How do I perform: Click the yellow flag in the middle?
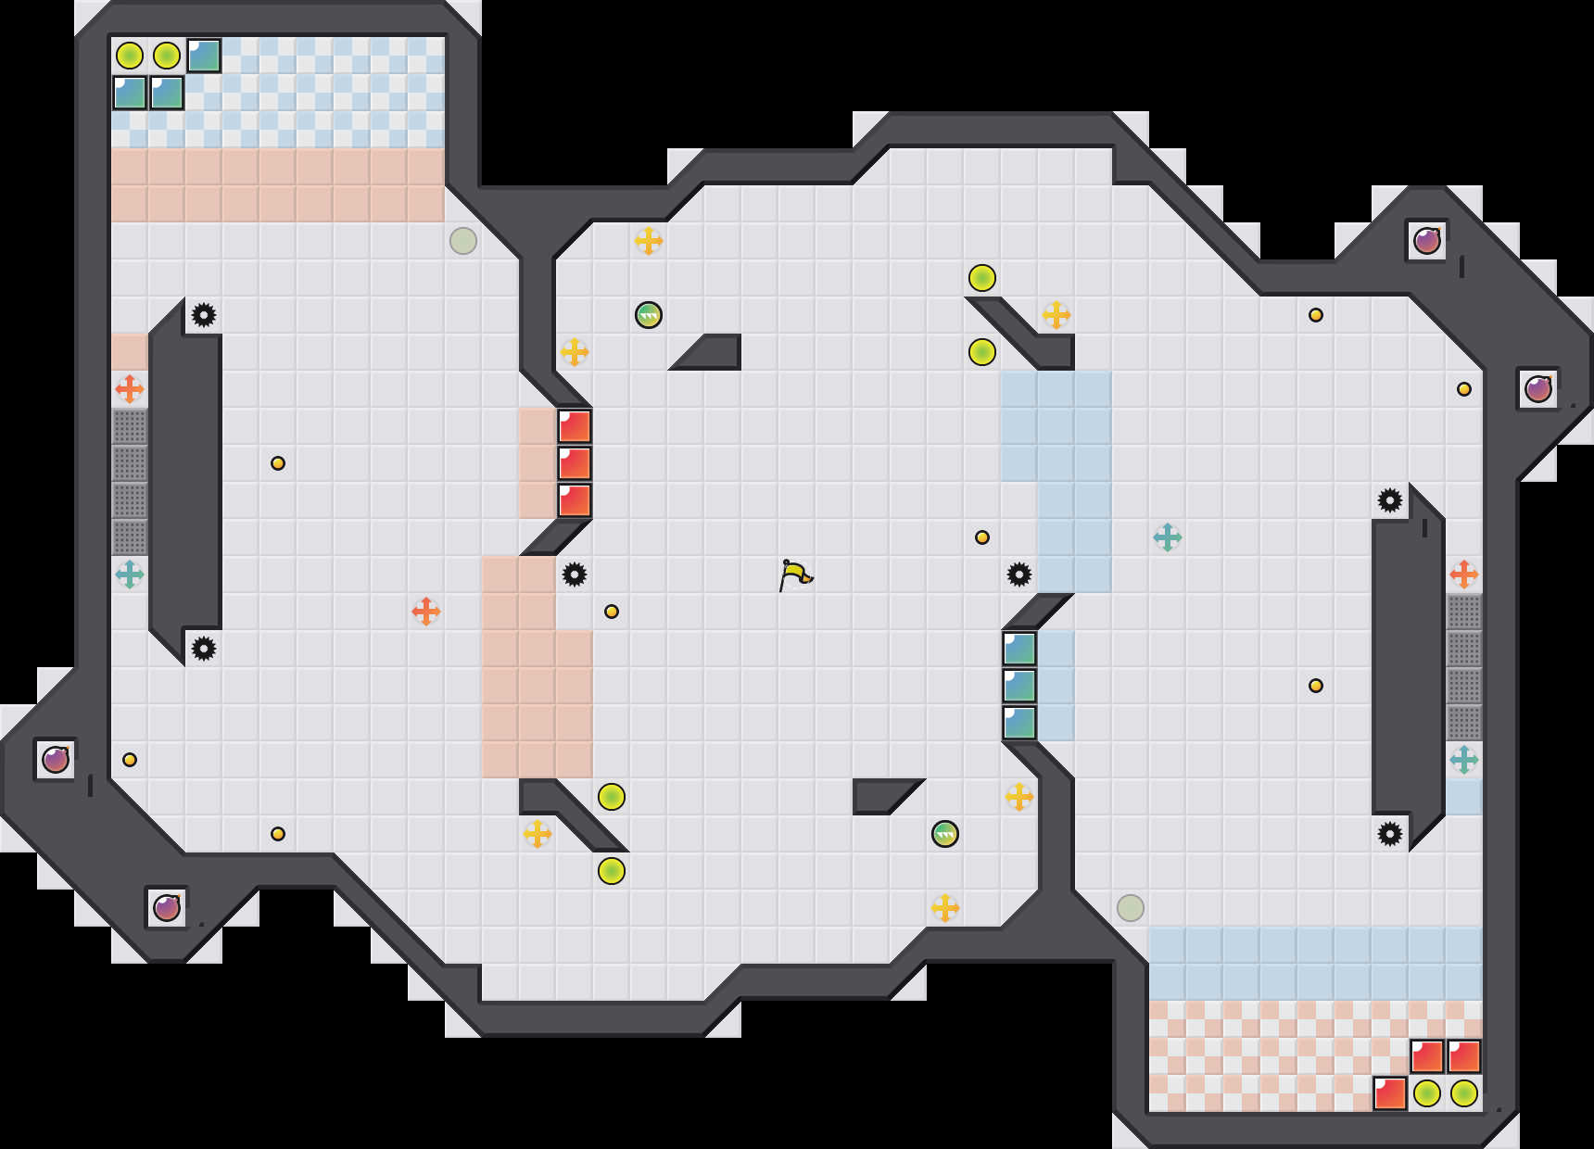795,574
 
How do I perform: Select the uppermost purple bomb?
1426,241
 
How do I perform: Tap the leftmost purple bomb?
56,760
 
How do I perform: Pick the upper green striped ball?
649,315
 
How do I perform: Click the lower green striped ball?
944,834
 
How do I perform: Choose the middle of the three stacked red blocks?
575,463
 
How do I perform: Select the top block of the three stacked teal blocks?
1019,649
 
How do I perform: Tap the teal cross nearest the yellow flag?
1168,537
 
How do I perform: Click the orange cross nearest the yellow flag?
426,612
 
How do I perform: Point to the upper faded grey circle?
463,241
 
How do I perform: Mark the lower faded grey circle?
1131,908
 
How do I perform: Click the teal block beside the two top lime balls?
204,56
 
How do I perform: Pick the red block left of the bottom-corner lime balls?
1390,1093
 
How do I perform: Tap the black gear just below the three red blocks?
575,574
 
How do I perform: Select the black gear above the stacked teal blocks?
1019,574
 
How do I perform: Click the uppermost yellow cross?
649,241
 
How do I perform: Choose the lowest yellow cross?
945,908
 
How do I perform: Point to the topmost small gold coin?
1316,315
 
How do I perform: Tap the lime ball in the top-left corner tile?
130,56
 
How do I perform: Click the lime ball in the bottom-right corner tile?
1464,1093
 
